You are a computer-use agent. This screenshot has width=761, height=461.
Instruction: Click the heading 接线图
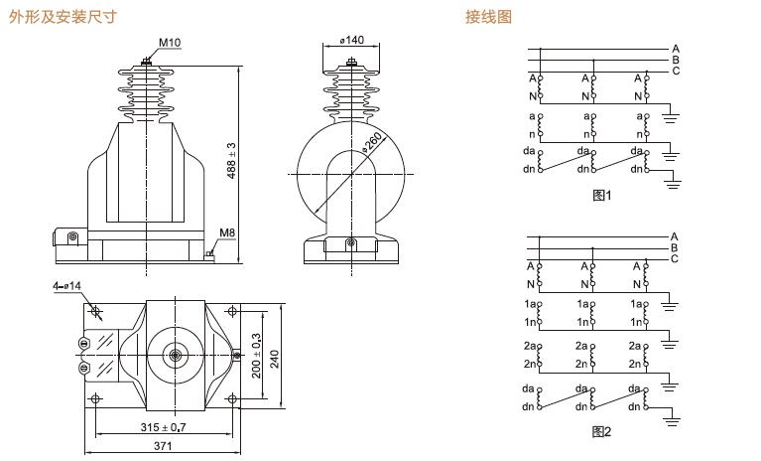[x=489, y=16]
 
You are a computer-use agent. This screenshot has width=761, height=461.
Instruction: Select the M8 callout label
[x=226, y=233]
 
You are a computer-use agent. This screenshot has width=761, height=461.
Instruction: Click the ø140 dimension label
[x=351, y=40]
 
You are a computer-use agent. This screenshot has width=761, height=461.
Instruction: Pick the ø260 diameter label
[x=371, y=142]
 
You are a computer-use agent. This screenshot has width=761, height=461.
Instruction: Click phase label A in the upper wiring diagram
[x=675, y=48]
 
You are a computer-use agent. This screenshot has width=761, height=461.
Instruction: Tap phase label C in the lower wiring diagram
[x=675, y=259]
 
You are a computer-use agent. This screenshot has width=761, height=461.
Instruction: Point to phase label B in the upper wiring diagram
[x=675, y=59]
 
